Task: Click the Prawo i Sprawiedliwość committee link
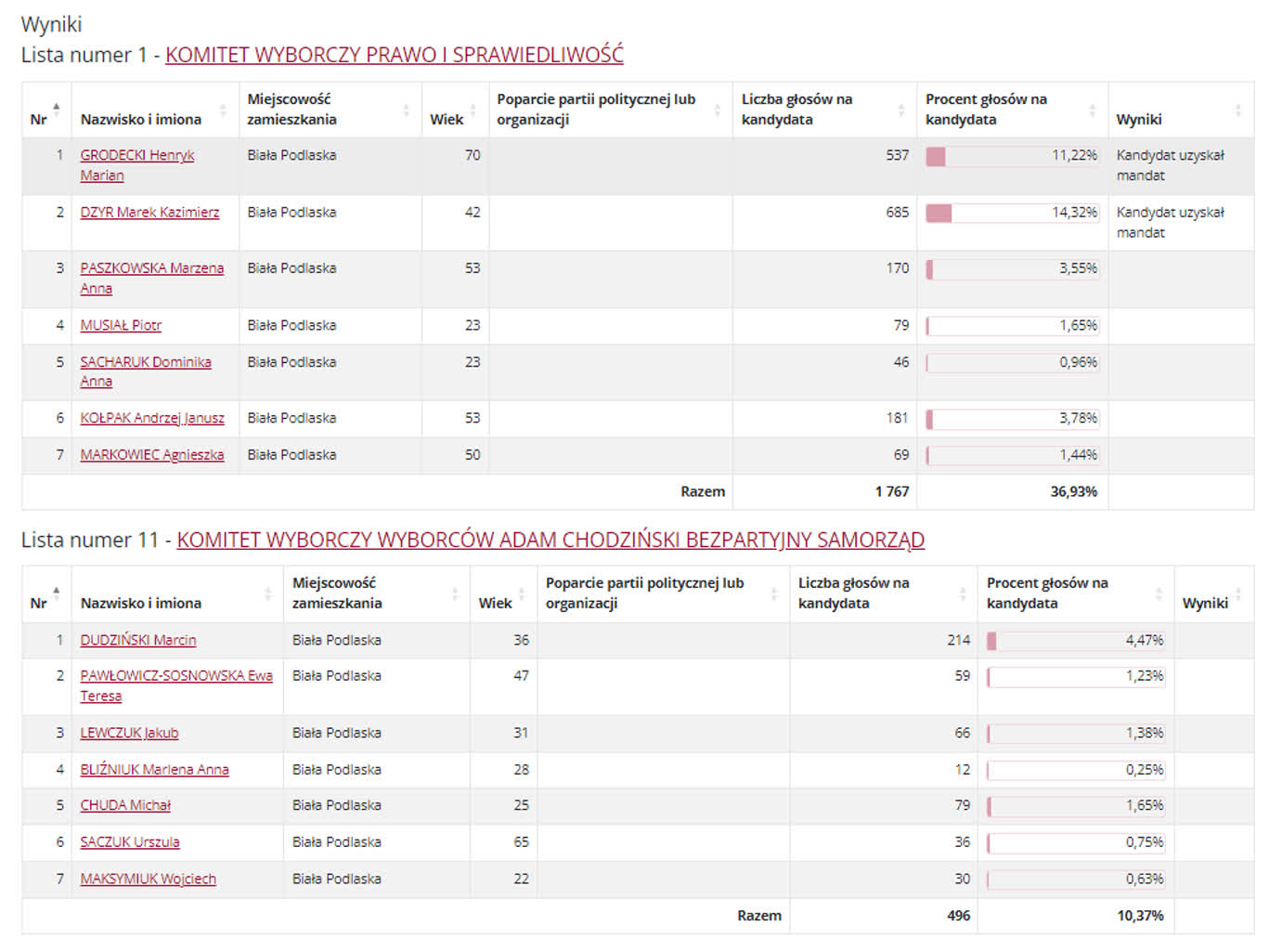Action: click(x=394, y=55)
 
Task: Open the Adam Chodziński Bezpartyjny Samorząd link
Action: click(x=550, y=540)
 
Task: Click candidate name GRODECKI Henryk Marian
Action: click(x=136, y=156)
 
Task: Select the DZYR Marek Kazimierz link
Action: click(x=149, y=213)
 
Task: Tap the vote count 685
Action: click(x=897, y=213)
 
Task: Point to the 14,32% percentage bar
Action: click(x=1012, y=213)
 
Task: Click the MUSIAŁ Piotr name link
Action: click(x=121, y=326)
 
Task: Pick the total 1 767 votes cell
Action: click(x=891, y=492)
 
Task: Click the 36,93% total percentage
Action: click(x=1073, y=492)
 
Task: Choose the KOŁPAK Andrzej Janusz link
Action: click(x=152, y=419)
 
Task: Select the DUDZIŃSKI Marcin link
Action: click(x=137, y=640)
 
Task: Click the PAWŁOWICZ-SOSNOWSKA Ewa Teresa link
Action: click(x=175, y=676)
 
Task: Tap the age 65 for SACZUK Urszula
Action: click(x=521, y=842)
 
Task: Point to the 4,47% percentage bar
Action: click(x=1075, y=640)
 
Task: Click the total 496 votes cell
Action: click(x=958, y=916)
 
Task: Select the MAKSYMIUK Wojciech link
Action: click(x=148, y=879)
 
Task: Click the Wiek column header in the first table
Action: click(x=447, y=120)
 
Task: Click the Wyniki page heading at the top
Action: click(x=51, y=24)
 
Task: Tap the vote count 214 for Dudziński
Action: click(x=958, y=640)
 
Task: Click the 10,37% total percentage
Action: click(x=1140, y=916)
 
